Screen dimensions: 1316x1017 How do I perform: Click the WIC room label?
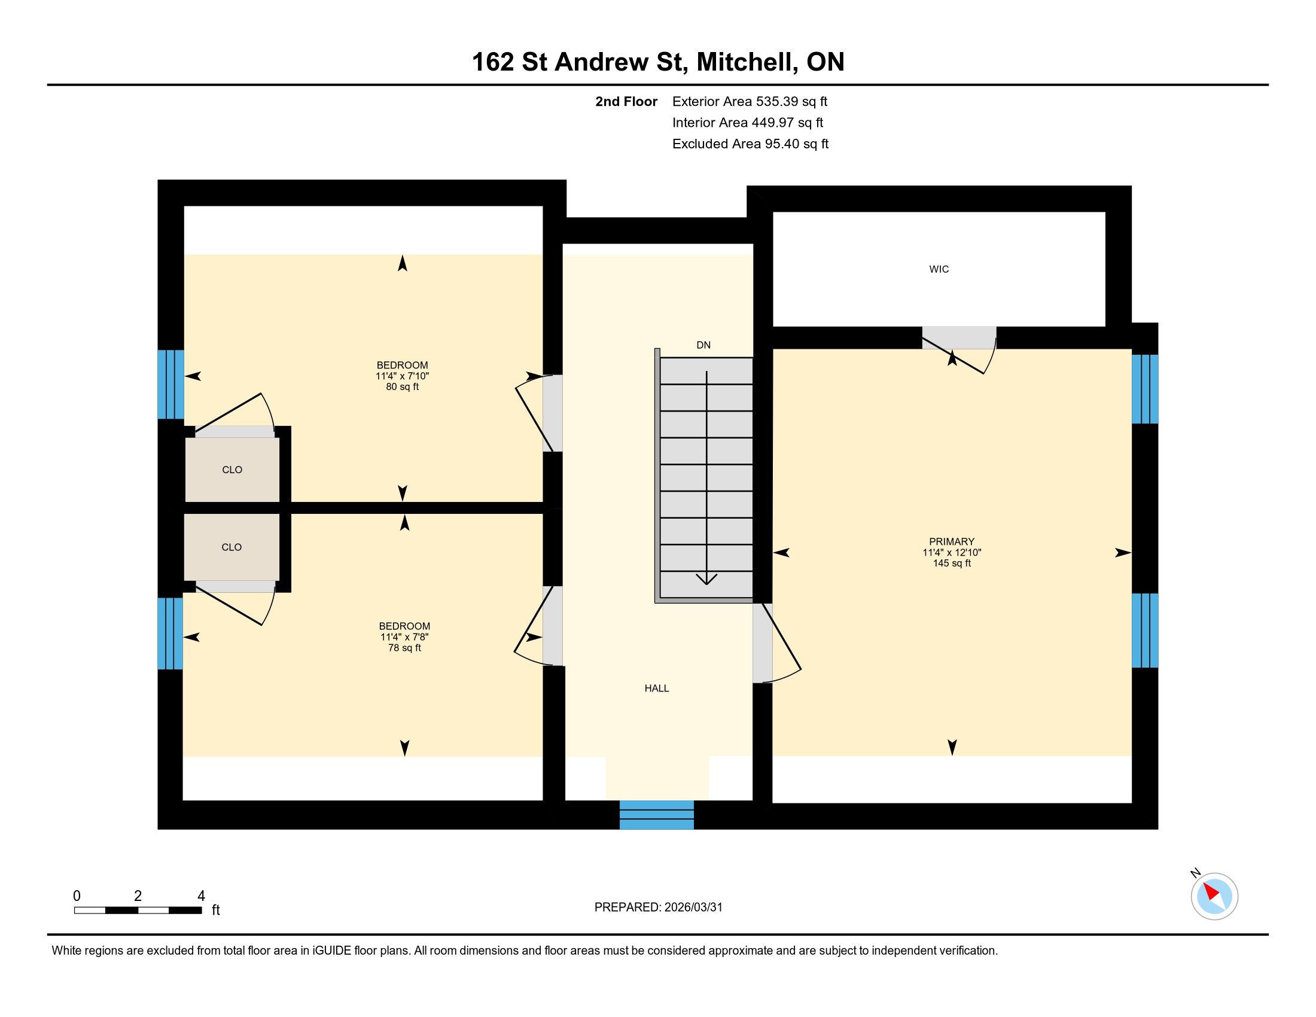[939, 269]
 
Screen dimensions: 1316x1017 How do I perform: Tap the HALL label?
[657, 688]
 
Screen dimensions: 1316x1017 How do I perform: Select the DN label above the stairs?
[703, 345]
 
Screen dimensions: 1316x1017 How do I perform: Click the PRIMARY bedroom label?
[952, 541]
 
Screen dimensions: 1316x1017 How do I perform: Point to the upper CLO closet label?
[232, 470]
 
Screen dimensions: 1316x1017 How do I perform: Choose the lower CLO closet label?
[231, 547]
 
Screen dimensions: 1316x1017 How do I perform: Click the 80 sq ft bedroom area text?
[403, 387]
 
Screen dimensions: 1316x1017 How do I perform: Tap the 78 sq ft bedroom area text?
[404, 648]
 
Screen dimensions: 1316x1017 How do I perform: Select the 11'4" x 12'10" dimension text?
[952, 553]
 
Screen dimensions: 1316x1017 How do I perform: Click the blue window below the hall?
[657, 815]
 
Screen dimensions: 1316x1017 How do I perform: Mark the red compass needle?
[1211, 892]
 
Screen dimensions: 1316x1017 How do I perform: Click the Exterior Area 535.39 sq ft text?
[750, 101]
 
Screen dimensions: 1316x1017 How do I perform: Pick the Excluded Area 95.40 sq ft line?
[750, 144]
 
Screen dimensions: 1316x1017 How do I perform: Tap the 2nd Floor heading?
[626, 101]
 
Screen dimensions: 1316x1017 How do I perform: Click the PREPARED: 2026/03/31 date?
[658, 907]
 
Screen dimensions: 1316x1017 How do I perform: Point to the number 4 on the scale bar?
[201, 896]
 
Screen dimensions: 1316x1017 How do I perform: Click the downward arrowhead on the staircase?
[706, 579]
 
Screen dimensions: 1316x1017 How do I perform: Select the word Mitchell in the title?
[744, 62]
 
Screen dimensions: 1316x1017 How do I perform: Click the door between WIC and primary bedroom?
[959, 350]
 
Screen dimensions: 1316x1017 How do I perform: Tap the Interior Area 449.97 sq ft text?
[748, 122]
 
